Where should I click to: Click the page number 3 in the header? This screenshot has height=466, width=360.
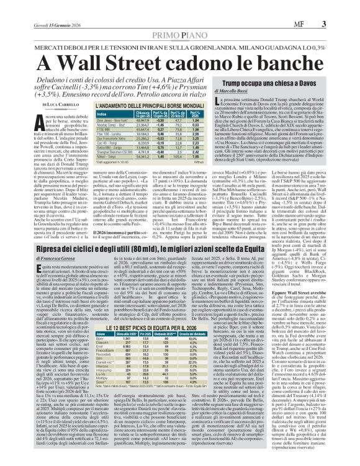point(341,7)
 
